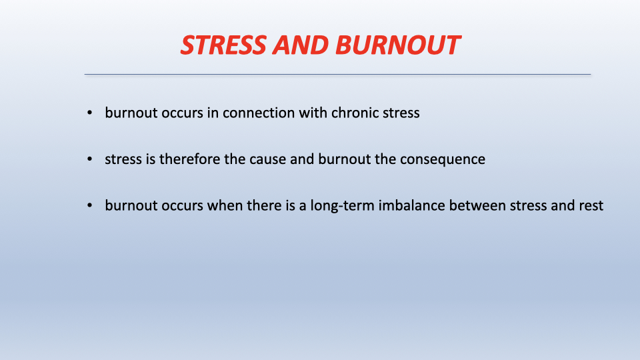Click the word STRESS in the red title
[224, 45]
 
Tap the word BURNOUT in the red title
[398, 45]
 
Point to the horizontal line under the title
[337, 74]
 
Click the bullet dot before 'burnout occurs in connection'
[90, 113]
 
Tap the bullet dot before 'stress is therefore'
[90, 159]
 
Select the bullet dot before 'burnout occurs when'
[90, 205]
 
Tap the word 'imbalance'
[411, 205]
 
